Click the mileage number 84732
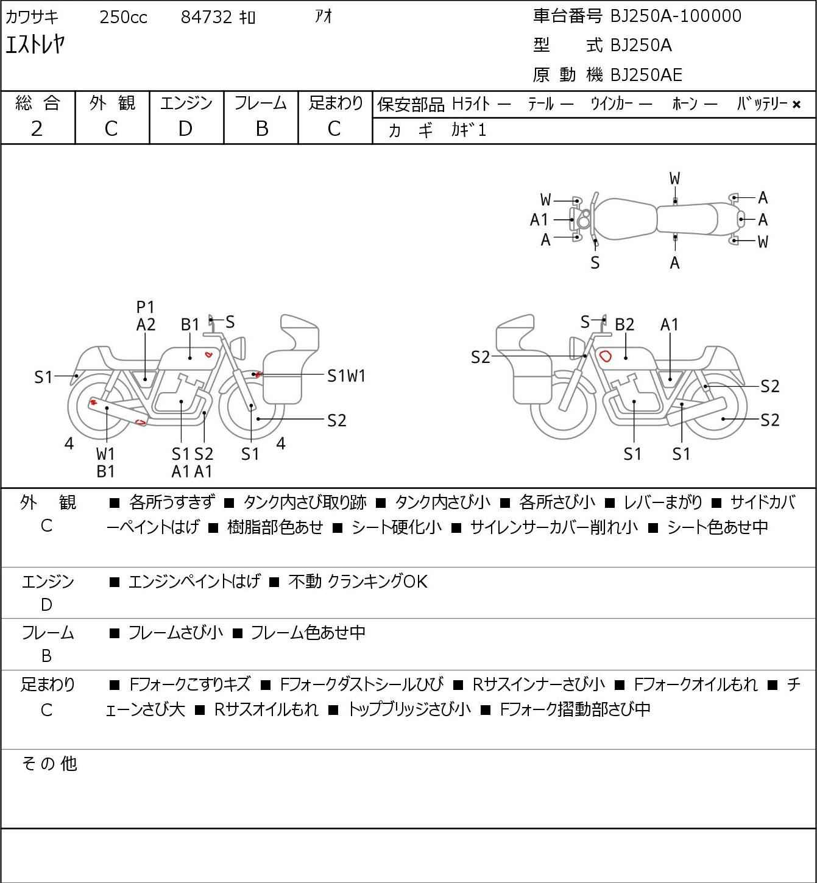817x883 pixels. (206, 17)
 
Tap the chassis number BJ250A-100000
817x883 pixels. (676, 16)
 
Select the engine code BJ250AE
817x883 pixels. (646, 75)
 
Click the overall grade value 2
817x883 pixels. (37, 128)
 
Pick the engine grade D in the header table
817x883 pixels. (186, 128)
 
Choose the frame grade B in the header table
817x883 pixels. (261, 128)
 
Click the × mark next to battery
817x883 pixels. (796, 105)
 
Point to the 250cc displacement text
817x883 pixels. (123, 17)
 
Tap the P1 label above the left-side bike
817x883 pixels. (146, 308)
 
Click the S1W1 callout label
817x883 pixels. (346, 376)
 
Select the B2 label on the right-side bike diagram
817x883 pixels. (624, 325)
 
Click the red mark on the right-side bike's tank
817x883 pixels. (605, 356)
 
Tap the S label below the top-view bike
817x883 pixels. (595, 262)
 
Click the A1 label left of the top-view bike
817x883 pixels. (539, 219)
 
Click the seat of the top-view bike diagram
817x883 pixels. (687, 219)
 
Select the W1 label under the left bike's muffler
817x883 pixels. (105, 454)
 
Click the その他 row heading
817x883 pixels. (49, 763)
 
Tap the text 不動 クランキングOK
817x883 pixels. (358, 582)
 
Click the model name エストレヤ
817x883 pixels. (35, 45)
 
